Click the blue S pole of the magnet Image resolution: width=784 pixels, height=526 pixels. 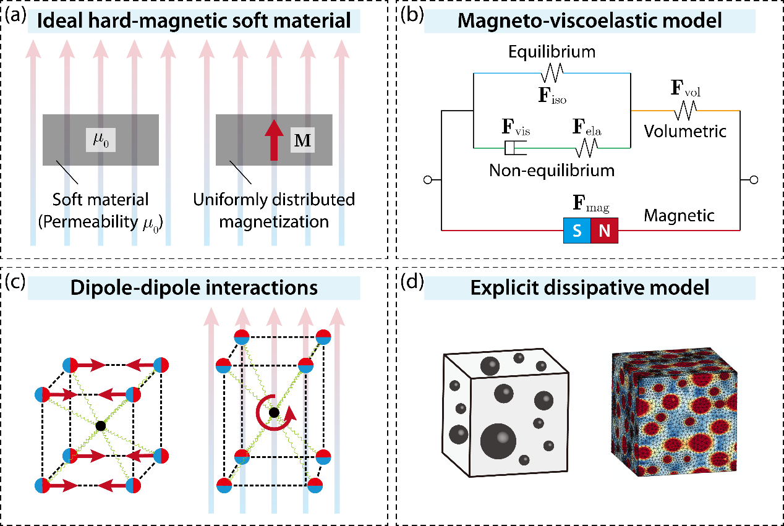click(x=577, y=231)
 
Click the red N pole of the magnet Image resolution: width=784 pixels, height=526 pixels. click(x=605, y=231)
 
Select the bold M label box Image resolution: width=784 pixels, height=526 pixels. click(x=302, y=140)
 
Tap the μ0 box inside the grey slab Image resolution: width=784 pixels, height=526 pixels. click(x=101, y=140)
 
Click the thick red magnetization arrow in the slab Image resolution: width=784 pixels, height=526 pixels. click(x=274, y=140)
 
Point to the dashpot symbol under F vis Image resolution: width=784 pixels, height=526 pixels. click(x=516, y=148)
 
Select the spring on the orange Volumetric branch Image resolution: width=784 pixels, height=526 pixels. click(x=686, y=110)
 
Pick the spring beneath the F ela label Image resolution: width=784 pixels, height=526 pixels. click(x=587, y=148)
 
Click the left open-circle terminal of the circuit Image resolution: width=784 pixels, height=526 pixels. click(x=428, y=180)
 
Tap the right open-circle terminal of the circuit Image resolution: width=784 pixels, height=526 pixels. click(x=754, y=180)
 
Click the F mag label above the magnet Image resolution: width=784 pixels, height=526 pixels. click(x=591, y=203)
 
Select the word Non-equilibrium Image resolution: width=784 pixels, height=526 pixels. click(x=552, y=171)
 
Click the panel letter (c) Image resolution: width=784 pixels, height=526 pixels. click(x=15, y=282)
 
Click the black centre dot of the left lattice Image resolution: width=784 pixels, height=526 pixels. click(x=101, y=426)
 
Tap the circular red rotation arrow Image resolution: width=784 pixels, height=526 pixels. click(x=275, y=414)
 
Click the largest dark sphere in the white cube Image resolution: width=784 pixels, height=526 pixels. click(x=498, y=441)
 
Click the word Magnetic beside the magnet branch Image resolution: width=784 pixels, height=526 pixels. click(x=679, y=216)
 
